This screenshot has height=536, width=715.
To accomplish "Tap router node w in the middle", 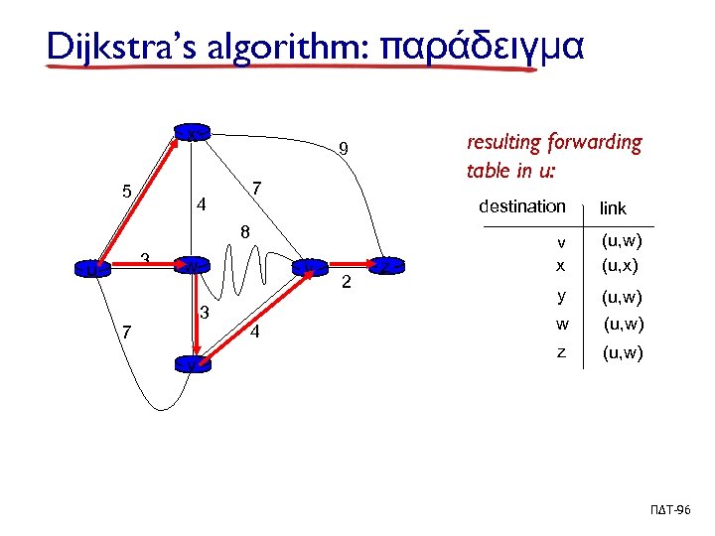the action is (x=190, y=265).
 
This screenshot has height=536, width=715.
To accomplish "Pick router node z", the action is (x=388, y=265).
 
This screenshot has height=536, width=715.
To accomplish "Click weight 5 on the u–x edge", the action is (x=126, y=191).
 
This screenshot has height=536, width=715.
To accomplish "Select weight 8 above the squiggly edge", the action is (x=244, y=234).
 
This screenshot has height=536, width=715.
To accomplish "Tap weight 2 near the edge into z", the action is (x=347, y=286).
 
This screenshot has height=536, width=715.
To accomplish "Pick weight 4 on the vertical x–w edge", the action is (x=202, y=206).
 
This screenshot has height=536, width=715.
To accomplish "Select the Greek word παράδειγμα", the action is (x=485, y=47).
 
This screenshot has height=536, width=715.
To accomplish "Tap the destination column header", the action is (x=521, y=206).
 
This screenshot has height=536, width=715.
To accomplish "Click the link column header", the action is (x=613, y=208).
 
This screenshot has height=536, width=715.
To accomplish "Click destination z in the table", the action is (x=561, y=351).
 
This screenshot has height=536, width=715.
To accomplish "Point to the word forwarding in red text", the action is (x=595, y=143).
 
